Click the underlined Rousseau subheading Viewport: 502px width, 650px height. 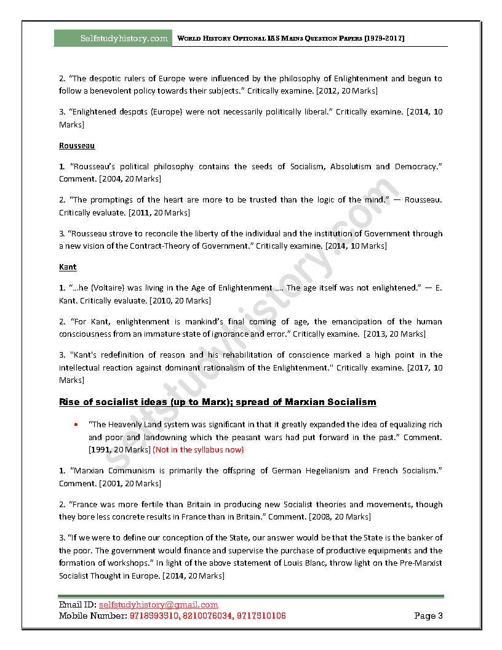click(x=77, y=146)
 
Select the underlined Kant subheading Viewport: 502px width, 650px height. click(x=68, y=267)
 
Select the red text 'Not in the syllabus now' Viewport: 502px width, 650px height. click(x=198, y=449)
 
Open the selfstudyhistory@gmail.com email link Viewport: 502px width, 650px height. click(x=159, y=605)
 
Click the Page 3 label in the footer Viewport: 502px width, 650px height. click(x=428, y=616)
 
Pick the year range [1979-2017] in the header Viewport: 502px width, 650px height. click(x=384, y=38)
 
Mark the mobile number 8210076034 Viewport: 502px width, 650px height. click(x=207, y=616)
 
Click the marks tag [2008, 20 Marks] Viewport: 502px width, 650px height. click(x=340, y=516)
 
